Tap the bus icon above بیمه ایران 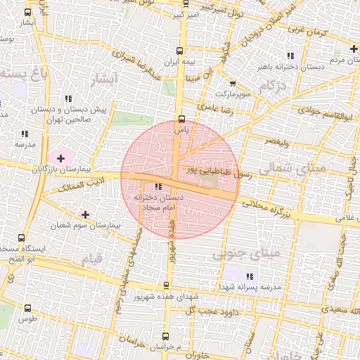(x=179, y=51)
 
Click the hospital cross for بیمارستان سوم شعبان (x=86, y=214)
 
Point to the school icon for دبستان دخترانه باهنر (x=290, y=56)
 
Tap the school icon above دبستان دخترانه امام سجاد (x=157, y=186)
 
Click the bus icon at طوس (x=27, y=308)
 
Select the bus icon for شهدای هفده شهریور (x=166, y=285)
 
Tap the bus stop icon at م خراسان (x=165, y=336)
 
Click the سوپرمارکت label (x=231, y=92)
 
